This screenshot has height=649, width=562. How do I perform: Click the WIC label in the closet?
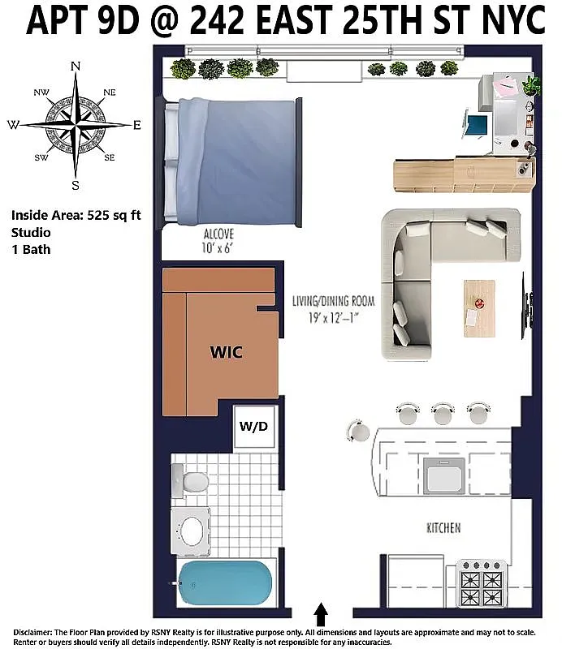[x=227, y=353]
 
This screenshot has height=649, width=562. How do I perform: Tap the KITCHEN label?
[x=443, y=528]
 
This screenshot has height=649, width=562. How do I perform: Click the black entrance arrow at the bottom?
[x=321, y=612]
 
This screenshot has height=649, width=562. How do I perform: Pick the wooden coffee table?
[x=479, y=308]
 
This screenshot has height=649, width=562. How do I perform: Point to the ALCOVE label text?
[x=219, y=236]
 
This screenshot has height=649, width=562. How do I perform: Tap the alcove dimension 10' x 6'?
[x=219, y=249]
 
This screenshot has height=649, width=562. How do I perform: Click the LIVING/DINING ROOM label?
[x=333, y=301]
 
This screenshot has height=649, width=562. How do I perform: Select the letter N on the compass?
[x=76, y=67]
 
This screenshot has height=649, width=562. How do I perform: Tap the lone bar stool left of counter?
[x=357, y=429]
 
